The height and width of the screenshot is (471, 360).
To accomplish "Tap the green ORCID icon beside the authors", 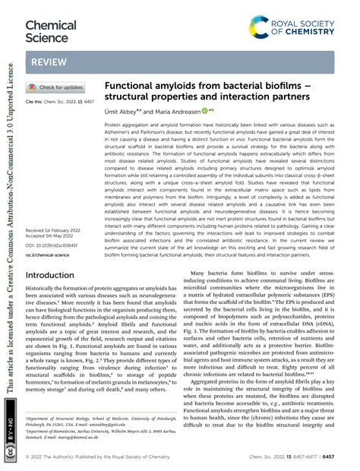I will pos(204,110).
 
